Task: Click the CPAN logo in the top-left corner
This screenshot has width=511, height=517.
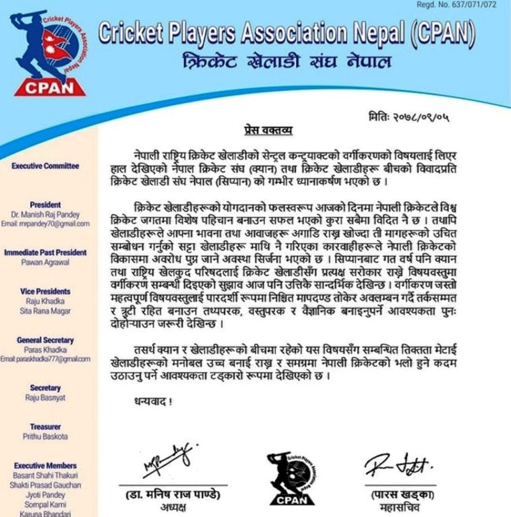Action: (51, 54)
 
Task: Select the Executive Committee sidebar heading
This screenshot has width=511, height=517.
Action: (45, 166)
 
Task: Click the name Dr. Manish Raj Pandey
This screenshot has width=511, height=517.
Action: (45, 214)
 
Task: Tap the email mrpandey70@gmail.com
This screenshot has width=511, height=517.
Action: (45, 223)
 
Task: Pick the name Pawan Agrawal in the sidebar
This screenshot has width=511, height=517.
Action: (45, 263)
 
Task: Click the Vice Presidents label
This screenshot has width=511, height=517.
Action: (45, 291)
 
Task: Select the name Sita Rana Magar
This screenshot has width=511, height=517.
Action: (45, 312)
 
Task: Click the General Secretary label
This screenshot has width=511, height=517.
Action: (45, 341)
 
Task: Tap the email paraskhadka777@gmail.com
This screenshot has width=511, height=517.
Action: (45, 359)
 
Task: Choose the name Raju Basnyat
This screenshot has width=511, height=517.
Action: (45, 398)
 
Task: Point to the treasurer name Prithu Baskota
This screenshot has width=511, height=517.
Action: (45, 436)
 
